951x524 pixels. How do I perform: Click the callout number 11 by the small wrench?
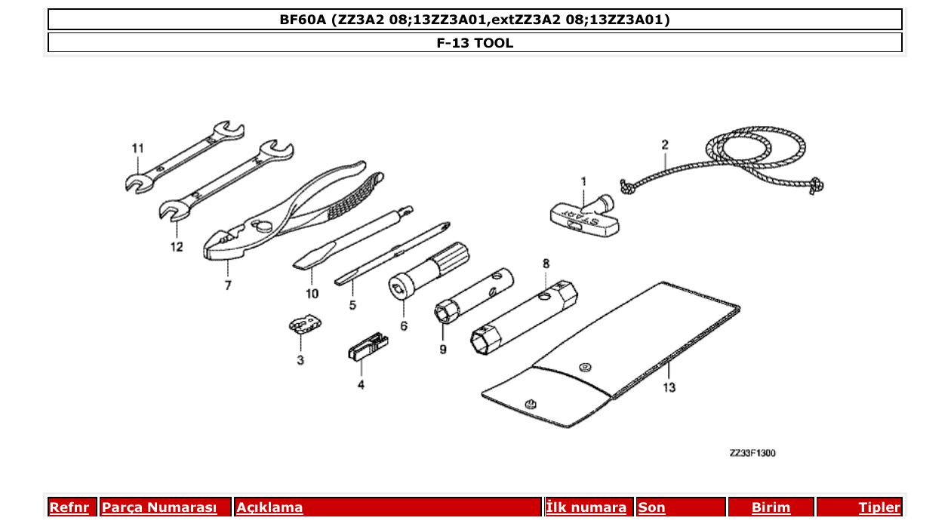click(x=137, y=148)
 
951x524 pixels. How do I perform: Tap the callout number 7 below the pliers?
click(x=227, y=285)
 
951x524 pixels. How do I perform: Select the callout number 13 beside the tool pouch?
click(x=669, y=387)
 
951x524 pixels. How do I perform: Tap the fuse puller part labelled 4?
click(x=368, y=347)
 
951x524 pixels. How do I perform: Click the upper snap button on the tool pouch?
click(x=583, y=367)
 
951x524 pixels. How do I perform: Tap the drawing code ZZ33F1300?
click(x=752, y=453)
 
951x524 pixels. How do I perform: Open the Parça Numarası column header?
click(x=159, y=508)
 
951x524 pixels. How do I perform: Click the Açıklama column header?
click(x=270, y=508)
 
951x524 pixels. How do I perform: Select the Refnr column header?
click(x=69, y=508)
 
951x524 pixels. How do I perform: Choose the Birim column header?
click(x=771, y=508)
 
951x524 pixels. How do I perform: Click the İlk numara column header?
click(x=586, y=508)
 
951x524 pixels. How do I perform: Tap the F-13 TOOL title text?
click(x=475, y=43)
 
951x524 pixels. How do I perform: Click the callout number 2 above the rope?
click(x=665, y=144)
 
